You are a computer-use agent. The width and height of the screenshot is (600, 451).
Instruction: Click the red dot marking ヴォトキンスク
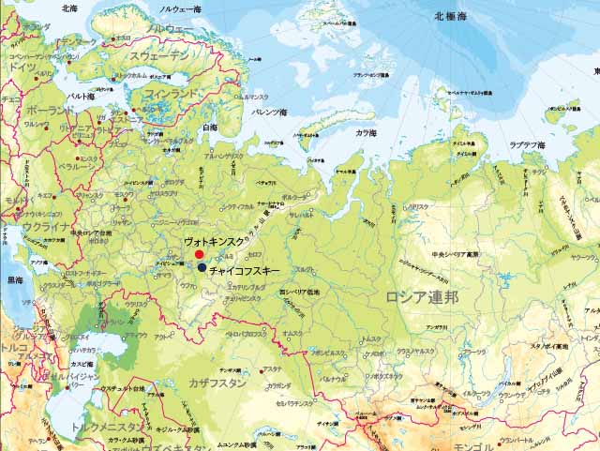[x=199, y=255]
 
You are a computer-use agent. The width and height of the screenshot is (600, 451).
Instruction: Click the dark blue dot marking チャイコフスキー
[x=202, y=268]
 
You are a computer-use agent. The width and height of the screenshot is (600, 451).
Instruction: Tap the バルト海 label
[x=80, y=97]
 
